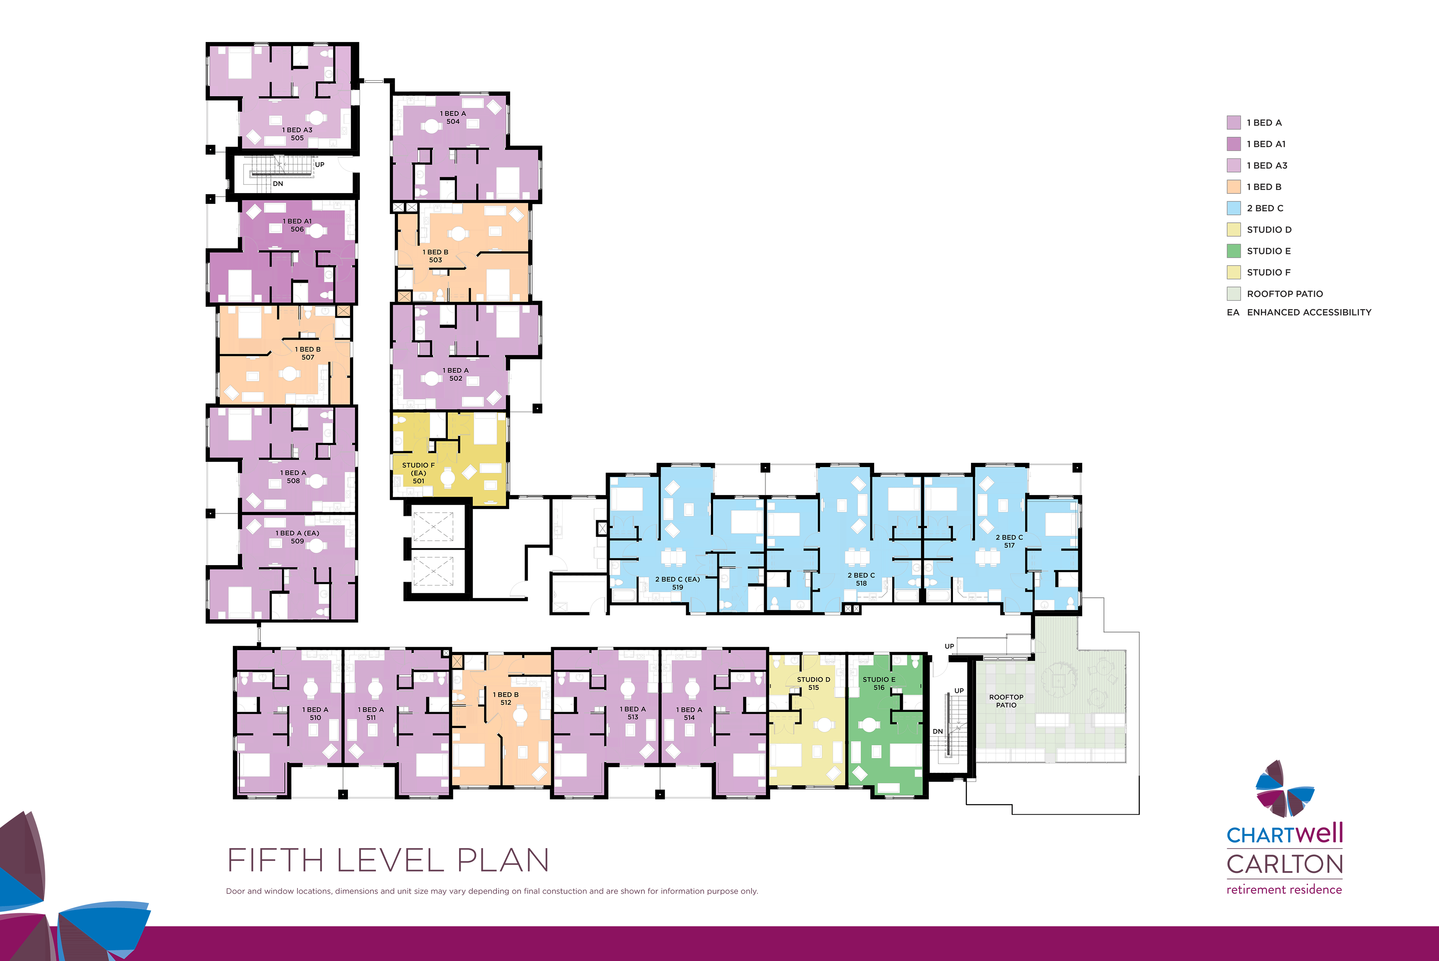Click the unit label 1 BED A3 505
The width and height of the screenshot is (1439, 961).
click(x=298, y=134)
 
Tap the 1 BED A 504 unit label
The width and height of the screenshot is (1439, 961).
click(x=453, y=117)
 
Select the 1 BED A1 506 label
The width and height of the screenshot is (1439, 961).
click(x=298, y=225)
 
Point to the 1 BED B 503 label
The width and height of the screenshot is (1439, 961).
click(x=435, y=256)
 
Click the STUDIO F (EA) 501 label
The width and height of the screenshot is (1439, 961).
click(x=418, y=472)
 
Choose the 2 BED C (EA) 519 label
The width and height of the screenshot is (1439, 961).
click(x=677, y=583)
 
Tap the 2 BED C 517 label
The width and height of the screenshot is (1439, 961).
click(x=1009, y=541)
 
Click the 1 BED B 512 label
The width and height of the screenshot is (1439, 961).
click(x=506, y=699)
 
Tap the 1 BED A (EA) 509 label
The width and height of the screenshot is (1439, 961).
click(x=298, y=537)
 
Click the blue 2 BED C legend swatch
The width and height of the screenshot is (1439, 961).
click(x=1234, y=208)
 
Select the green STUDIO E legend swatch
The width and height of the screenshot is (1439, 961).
click(x=1234, y=251)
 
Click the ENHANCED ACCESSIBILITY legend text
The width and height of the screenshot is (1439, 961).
click(x=1309, y=312)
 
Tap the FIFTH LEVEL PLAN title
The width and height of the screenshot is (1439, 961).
click(x=388, y=860)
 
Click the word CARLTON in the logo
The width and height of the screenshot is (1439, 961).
click(x=1285, y=864)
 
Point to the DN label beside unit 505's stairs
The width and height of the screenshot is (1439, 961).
click(x=278, y=184)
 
